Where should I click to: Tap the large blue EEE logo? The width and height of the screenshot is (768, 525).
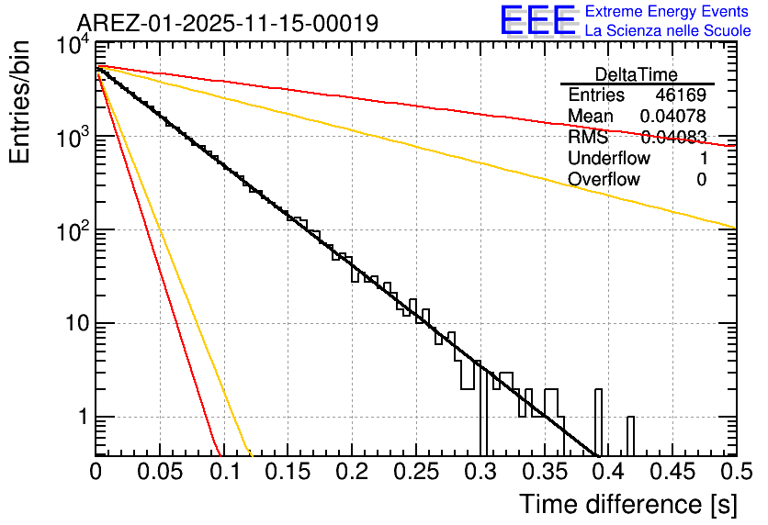(537, 21)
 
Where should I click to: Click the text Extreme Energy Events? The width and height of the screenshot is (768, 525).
(668, 12)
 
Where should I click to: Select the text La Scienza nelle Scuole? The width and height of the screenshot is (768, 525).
(668, 31)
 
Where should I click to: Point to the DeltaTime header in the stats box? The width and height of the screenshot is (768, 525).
(637, 74)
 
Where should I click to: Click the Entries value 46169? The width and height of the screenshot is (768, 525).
(681, 95)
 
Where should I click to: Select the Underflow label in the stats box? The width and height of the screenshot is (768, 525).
(609, 159)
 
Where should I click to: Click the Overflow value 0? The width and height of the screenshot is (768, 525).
(701, 180)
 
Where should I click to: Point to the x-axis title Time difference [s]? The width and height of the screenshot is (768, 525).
(627, 504)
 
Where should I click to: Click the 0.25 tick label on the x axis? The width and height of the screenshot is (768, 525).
(415, 472)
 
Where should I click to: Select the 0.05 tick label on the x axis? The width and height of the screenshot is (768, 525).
(160, 472)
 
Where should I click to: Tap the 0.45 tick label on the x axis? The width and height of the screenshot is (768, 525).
(671, 472)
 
